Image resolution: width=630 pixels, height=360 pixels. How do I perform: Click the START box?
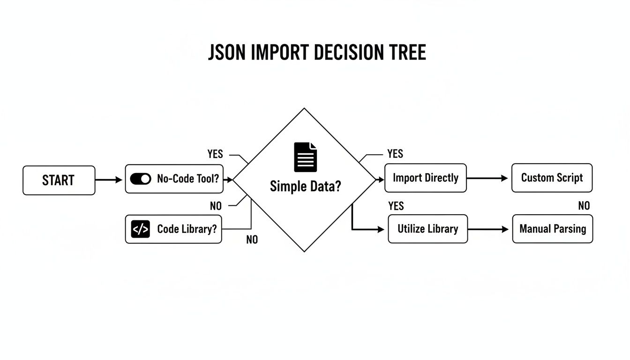(59, 180)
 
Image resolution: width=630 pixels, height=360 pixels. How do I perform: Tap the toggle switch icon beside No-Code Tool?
(141, 179)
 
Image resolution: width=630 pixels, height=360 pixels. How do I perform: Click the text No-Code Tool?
(188, 179)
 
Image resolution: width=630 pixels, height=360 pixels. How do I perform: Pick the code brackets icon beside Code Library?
(141, 229)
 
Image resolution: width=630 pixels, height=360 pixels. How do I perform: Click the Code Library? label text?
(187, 229)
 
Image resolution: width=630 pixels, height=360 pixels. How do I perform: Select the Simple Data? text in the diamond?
(305, 187)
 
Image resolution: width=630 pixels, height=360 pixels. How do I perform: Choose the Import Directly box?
(425, 178)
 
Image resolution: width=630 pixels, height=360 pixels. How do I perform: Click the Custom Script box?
(552, 178)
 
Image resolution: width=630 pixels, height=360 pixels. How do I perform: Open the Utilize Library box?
(427, 229)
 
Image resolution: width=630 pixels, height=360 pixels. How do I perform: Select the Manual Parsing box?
(552, 229)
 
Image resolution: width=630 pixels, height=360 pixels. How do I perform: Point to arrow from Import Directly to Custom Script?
(487, 179)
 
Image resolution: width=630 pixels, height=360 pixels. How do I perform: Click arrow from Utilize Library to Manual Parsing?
(488, 229)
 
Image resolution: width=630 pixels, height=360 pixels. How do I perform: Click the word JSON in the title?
(227, 53)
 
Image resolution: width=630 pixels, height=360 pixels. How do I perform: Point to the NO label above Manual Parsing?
(584, 206)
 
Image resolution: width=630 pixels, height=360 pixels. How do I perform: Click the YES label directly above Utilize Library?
(396, 206)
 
